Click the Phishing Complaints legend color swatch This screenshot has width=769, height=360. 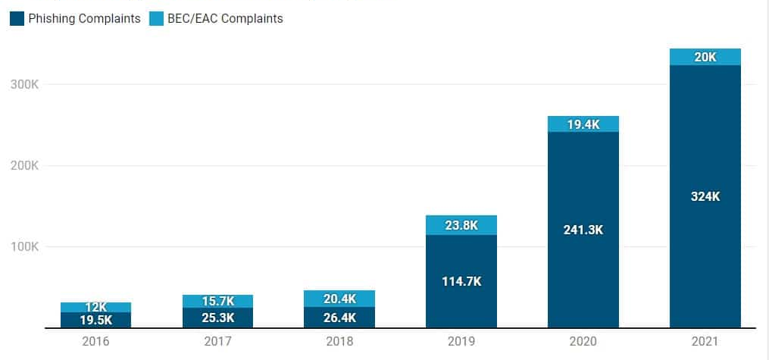(17, 19)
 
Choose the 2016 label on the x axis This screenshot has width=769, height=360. (95, 342)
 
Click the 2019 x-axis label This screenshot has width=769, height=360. (461, 342)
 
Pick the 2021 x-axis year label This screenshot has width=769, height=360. (705, 342)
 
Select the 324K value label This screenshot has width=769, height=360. (705, 196)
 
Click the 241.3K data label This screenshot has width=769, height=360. (583, 230)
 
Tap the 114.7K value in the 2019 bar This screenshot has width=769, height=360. (461, 281)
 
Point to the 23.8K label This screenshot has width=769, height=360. (461, 225)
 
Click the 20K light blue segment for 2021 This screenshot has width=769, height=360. (705, 57)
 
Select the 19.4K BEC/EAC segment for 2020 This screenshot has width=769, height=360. (583, 124)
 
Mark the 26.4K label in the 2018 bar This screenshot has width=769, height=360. (339, 318)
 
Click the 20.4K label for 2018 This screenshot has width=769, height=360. (339, 299)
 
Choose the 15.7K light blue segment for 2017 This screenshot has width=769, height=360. (217, 302)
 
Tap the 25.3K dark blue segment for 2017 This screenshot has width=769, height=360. (217, 318)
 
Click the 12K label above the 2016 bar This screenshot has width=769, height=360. (95, 307)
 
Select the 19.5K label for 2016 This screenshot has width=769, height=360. (95, 320)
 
